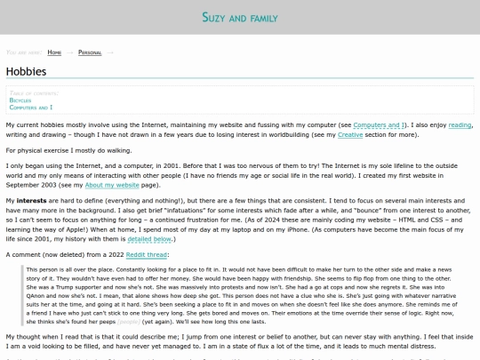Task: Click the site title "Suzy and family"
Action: (239, 17)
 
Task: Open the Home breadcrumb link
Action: (54, 52)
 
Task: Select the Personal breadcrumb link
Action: (90, 52)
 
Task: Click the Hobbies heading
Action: (27, 71)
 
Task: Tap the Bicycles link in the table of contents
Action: (20, 100)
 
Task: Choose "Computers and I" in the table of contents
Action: (31, 107)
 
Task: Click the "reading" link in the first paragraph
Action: (460, 125)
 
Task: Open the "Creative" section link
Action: (350, 134)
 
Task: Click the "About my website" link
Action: (111, 184)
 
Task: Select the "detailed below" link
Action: (149, 239)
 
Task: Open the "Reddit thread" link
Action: (145, 254)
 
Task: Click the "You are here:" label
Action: (23, 52)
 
